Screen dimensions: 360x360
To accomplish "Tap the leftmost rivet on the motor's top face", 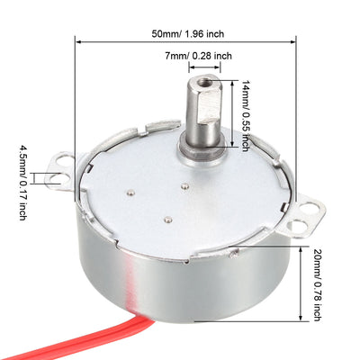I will tap(133, 192).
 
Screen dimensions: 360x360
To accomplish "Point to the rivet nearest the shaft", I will tap(185, 185).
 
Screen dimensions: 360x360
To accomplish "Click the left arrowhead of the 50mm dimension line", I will tap(80, 40).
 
